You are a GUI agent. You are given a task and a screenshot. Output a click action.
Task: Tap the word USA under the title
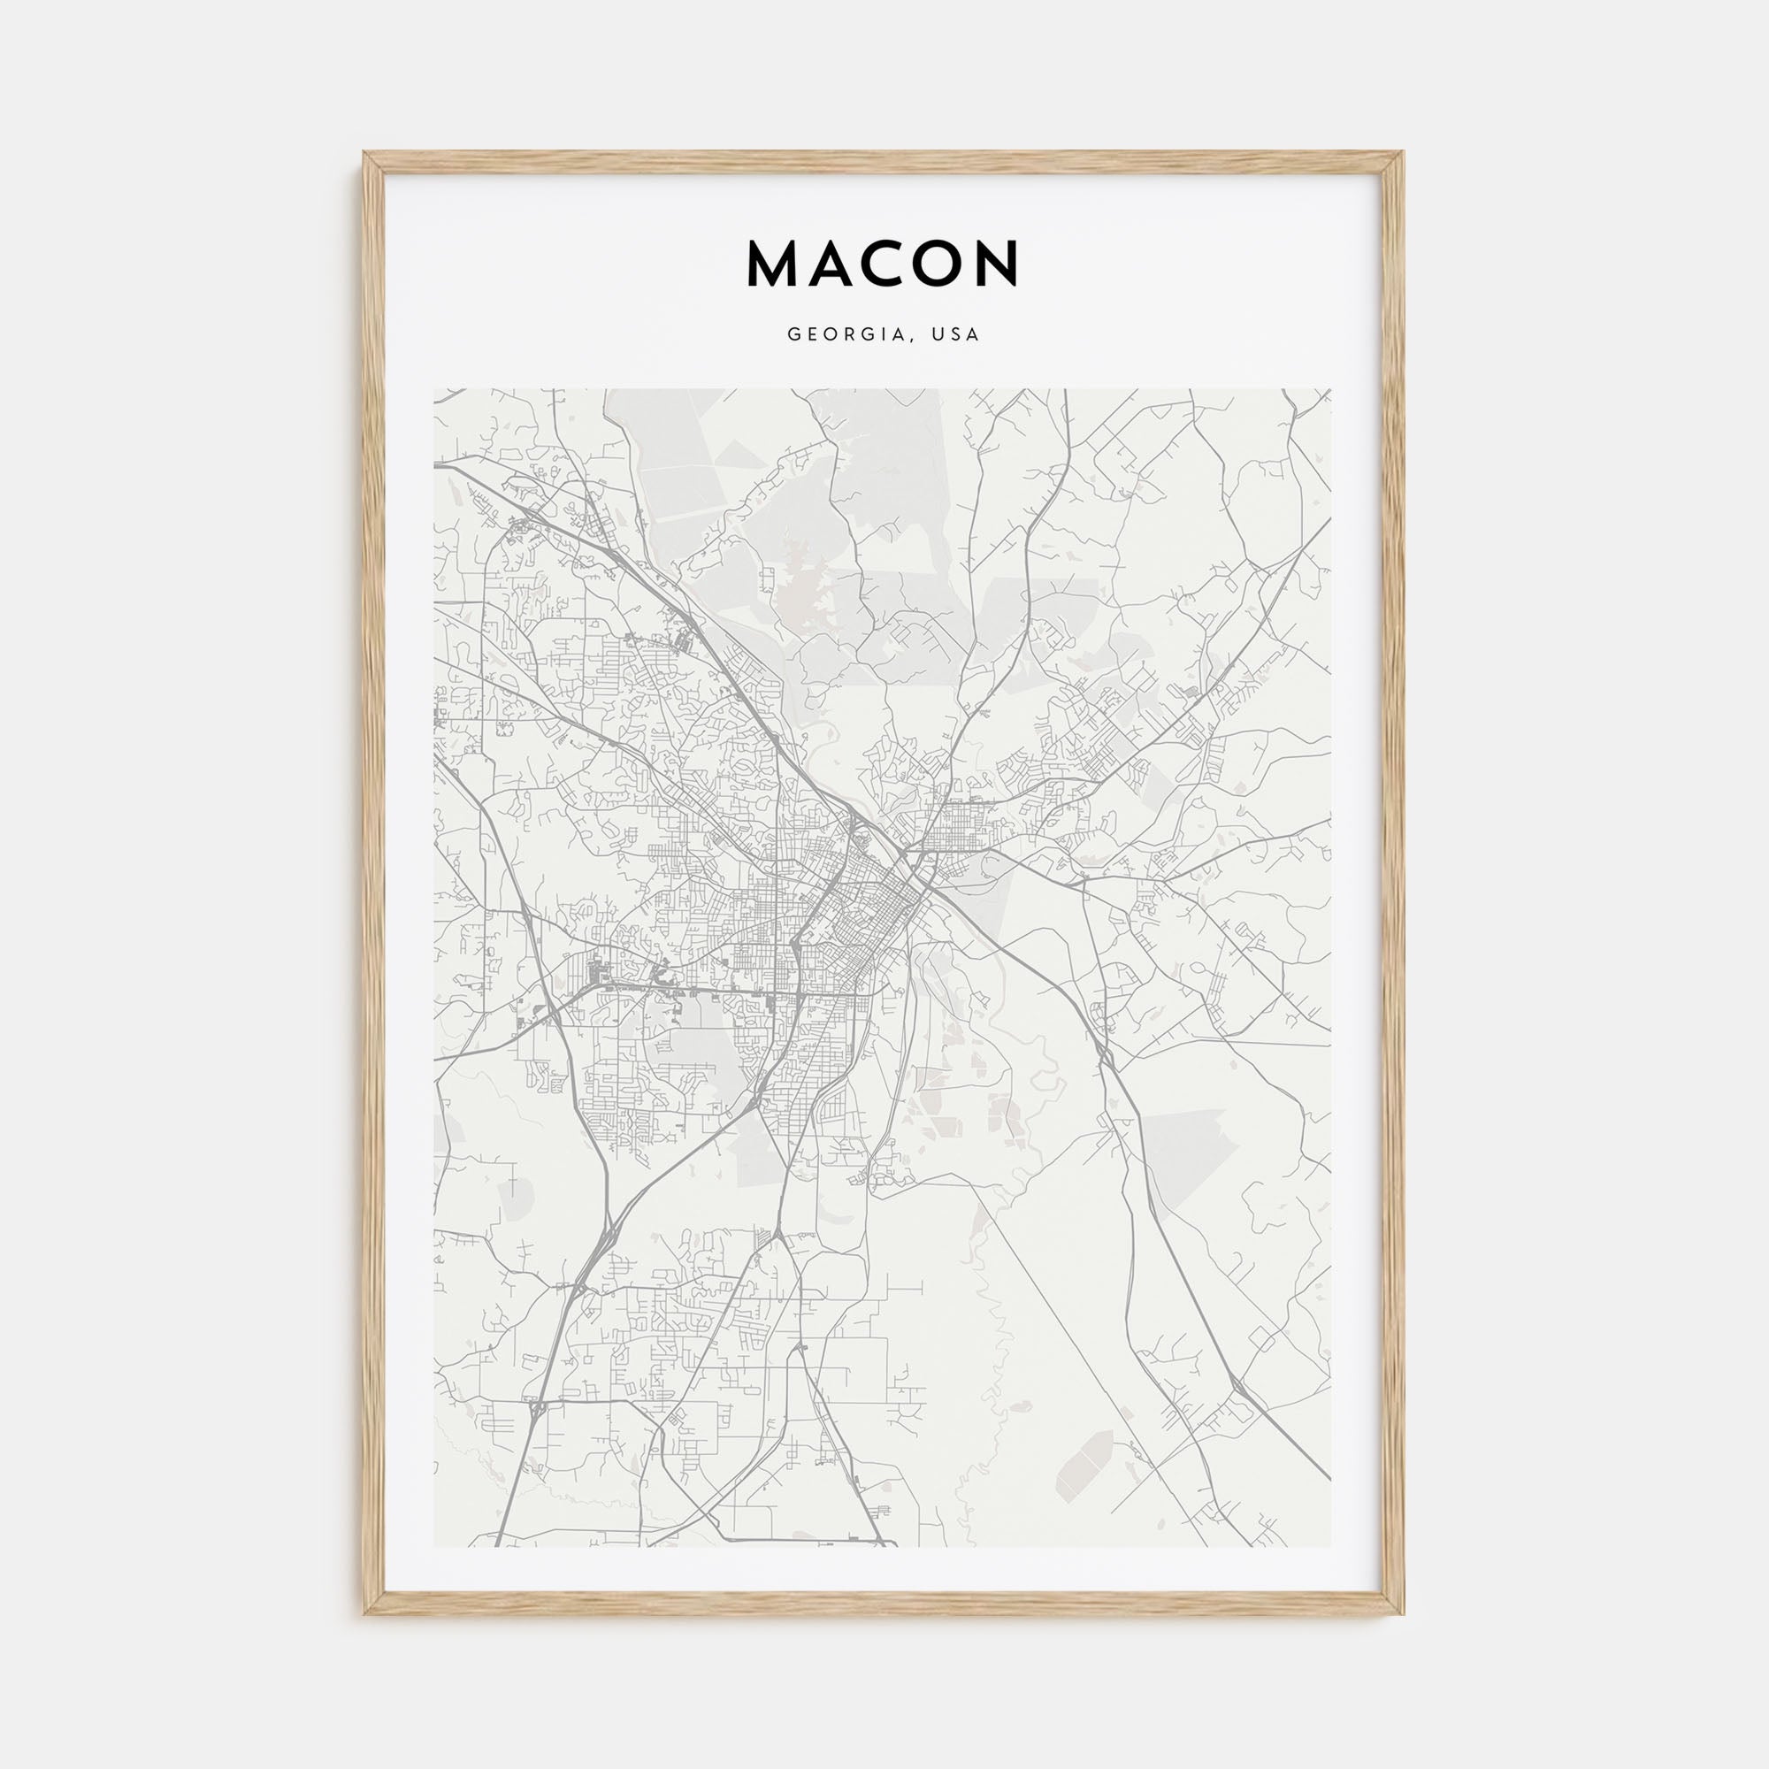[x=955, y=335]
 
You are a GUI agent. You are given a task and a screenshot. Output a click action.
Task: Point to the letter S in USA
[x=955, y=335]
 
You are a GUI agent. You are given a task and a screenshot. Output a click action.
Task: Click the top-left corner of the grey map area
[x=435, y=390]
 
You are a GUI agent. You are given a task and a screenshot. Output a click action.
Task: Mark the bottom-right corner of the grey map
[x=1330, y=1546]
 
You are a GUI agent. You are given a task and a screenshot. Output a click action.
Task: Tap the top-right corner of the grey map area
[x=1330, y=390]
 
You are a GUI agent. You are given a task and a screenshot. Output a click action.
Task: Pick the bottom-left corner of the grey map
[x=435, y=1546]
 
